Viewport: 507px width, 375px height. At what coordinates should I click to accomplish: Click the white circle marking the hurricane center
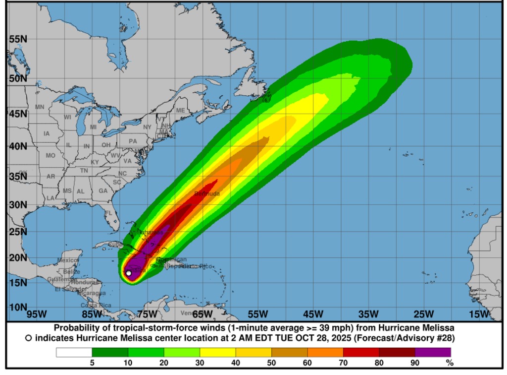(129, 273)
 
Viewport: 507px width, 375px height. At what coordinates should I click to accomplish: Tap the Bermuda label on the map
(207, 193)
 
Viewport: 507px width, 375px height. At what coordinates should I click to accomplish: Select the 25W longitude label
(424, 314)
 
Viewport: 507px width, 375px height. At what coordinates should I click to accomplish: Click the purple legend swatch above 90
(433, 353)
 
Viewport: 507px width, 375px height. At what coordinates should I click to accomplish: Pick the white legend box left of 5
(74, 353)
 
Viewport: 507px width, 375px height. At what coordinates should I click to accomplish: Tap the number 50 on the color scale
(272, 363)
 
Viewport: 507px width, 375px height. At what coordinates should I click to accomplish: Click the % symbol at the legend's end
(450, 363)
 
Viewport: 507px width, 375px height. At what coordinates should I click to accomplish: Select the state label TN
(84, 171)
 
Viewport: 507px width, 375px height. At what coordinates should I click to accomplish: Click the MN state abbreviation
(40, 107)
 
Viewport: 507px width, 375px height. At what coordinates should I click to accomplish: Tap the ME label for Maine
(180, 110)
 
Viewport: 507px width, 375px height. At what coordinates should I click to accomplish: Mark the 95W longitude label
(36, 314)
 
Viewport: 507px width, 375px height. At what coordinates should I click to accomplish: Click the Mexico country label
(68, 260)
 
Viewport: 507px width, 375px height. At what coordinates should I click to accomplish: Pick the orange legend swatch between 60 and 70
(325, 353)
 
